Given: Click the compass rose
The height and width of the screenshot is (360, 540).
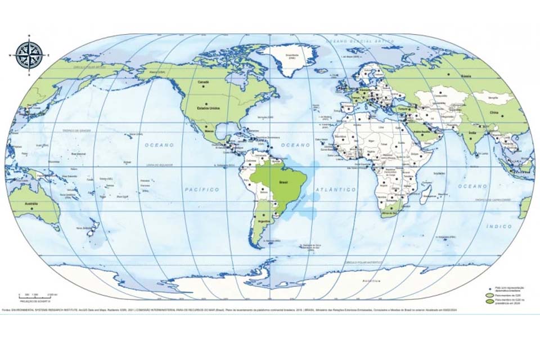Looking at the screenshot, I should (x=29, y=55).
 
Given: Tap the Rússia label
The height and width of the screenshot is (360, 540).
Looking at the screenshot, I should (x=466, y=75).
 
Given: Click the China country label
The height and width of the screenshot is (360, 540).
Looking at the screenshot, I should (x=494, y=112).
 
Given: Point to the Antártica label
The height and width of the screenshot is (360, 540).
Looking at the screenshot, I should (x=371, y=281).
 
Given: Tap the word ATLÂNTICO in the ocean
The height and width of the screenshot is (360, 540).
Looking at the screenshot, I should (x=336, y=190).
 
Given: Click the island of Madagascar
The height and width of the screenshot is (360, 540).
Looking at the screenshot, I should (x=427, y=195).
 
